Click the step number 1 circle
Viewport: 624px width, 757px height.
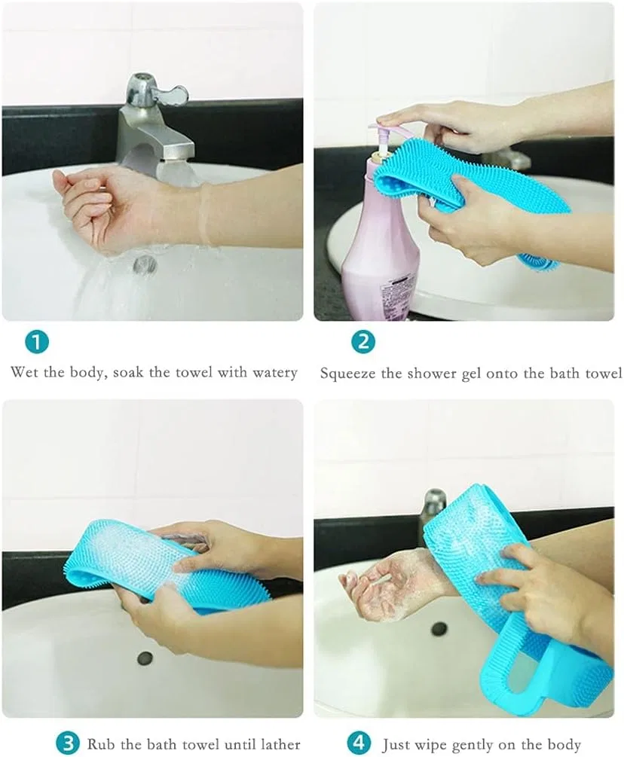37,342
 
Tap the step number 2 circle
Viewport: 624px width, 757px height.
363,342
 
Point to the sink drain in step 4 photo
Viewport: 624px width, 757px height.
439,627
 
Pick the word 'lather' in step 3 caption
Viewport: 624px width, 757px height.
277,744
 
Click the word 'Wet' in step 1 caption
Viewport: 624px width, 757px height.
25,372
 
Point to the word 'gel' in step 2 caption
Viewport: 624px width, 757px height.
471,374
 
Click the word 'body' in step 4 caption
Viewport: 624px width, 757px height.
564,745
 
